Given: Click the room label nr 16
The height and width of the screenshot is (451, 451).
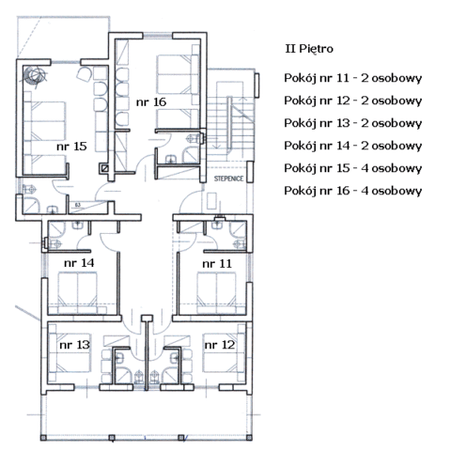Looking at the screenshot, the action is (151, 102).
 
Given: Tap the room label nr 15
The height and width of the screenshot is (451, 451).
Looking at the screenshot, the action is (71, 147).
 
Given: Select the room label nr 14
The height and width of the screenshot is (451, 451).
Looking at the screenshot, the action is (79, 263).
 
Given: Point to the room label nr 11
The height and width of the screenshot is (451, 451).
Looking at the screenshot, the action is (217, 264).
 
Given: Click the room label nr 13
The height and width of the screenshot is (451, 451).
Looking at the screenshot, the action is (74, 345).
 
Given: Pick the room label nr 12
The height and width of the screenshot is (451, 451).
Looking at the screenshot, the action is (220, 345).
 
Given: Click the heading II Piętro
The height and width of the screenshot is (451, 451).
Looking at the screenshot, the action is (309, 49).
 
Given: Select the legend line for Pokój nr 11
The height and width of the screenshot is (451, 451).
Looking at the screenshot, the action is (353, 78).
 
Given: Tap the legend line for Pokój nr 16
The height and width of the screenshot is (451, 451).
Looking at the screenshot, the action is (353, 191).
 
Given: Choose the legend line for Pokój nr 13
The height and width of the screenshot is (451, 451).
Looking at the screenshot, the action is (353, 123).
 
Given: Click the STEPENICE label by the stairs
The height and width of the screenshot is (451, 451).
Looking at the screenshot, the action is (228, 179).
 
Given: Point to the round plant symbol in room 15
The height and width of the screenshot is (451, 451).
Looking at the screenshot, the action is (34, 75).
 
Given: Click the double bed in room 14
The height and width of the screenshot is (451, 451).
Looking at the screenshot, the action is (77, 293).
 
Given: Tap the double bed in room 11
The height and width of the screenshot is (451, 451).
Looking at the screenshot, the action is (216, 293).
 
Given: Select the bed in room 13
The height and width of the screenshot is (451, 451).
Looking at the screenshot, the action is (70, 352).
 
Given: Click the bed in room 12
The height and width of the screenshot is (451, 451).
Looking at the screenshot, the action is (224, 352).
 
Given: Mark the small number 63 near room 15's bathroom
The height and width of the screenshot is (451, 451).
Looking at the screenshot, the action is (78, 205).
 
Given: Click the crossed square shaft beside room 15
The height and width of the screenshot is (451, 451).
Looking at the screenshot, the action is (105, 168).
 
